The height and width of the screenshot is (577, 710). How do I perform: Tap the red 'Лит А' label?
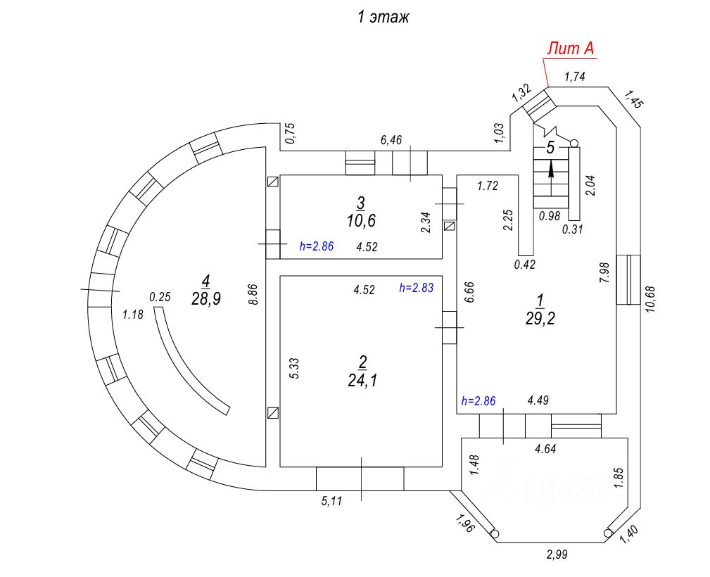point(571,49)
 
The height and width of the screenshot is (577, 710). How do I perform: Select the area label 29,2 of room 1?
point(540,319)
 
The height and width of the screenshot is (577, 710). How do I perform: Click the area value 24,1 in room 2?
point(362,381)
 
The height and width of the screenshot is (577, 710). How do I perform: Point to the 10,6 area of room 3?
point(361,220)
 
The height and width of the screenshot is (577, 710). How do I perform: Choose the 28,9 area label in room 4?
point(205,298)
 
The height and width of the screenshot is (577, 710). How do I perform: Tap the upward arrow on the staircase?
point(551,168)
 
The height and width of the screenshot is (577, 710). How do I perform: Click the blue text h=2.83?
point(416,288)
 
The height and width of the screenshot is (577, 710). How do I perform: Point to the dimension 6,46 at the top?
point(391,141)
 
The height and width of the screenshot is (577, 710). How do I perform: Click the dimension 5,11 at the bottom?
point(332,502)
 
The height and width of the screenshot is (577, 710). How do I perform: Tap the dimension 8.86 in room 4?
point(255,292)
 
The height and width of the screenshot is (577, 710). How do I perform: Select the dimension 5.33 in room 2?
point(295,369)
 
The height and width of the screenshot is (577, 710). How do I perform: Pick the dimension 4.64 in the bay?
point(547,448)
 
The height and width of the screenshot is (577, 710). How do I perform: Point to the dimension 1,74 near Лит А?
point(575,77)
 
